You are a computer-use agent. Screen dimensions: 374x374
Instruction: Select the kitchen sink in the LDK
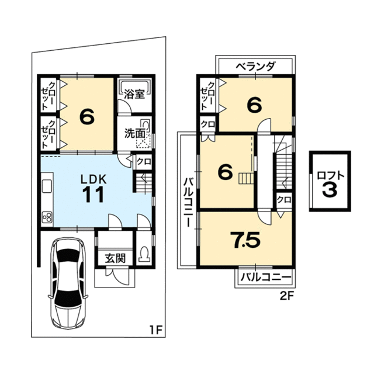[x=47, y=186]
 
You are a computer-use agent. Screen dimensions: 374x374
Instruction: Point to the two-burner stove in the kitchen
[x=47, y=217]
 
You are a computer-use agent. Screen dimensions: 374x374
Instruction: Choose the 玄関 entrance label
[x=116, y=258]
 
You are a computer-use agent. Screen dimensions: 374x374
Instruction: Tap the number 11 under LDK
[x=93, y=195]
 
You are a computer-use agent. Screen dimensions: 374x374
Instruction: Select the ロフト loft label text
[x=331, y=176]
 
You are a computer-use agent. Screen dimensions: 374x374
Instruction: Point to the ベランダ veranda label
[x=256, y=66]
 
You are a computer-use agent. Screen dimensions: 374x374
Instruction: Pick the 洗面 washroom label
[x=135, y=133]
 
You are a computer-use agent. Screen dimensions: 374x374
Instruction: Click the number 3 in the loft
[x=330, y=189]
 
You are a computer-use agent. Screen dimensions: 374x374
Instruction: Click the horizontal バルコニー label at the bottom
[x=266, y=278]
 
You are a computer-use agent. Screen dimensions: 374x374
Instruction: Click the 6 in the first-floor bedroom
[x=87, y=117]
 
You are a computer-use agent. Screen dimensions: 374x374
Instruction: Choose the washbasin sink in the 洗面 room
[x=146, y=126]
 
